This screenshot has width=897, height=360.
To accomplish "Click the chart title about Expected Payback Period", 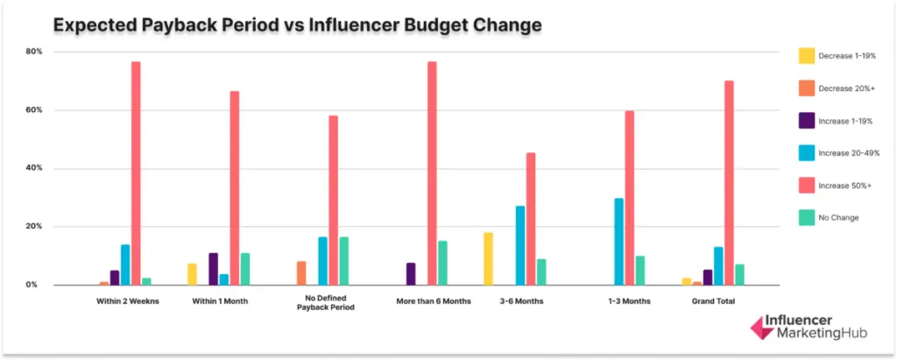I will [297, 25].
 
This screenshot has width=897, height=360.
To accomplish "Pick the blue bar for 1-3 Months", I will [618, 242].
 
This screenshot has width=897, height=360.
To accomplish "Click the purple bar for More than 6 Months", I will [410, 274].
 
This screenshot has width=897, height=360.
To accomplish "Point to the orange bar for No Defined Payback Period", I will [301, 273].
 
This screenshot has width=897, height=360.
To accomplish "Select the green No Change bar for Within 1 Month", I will [245, 269].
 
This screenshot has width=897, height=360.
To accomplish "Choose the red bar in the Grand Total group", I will [729, 183].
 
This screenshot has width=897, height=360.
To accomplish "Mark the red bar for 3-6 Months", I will [531, 219].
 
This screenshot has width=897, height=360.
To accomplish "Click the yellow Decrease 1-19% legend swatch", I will [805, 55].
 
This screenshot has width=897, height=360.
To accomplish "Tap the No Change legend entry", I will [838, 216].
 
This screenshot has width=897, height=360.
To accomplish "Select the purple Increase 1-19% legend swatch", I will [805, 120].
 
